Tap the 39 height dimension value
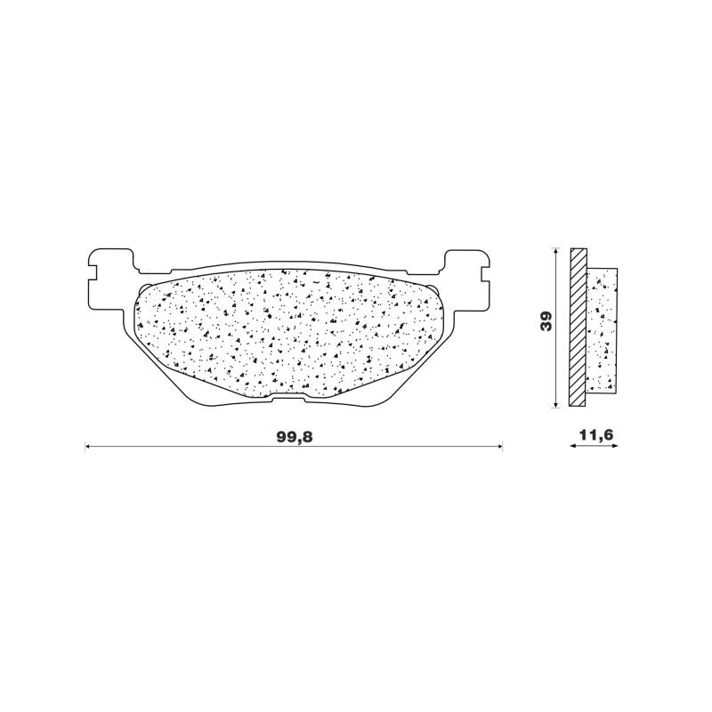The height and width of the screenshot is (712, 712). tap(547, 321)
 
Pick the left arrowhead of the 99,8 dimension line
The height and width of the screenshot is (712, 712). tap(88, 447)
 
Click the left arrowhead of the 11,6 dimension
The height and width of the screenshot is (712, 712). tap(573, 447)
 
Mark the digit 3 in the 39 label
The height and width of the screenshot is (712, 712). tap(547, 327)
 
